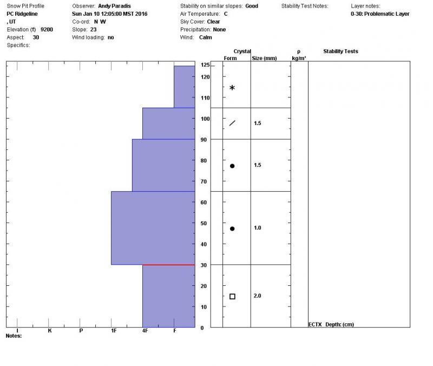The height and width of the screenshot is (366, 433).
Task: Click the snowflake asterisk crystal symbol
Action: click(232, 88)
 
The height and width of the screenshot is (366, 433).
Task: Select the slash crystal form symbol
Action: click(232, 123)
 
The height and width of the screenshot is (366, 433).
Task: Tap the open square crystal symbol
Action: click(232, 296)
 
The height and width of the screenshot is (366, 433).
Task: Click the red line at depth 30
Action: click(168, 265)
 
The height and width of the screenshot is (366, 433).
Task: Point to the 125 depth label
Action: click(205, 65)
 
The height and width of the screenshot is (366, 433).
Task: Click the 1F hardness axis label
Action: click(114, 330)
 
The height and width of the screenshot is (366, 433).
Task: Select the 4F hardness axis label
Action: click(145, 330)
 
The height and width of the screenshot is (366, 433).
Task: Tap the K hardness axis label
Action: click(50, 330)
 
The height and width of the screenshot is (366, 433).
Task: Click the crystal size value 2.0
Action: click(258, 296)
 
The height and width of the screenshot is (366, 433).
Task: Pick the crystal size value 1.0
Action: click(258, 228)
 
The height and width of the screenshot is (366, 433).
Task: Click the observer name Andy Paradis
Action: click(115, 6)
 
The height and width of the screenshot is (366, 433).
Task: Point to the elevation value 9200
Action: click(47, 29)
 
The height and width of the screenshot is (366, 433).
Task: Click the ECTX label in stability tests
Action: click(315, 325)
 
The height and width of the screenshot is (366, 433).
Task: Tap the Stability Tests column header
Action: click(340, 51)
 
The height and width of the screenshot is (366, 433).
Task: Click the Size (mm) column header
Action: click(264, 58)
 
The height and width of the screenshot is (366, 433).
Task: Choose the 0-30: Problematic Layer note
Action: click(380, 14)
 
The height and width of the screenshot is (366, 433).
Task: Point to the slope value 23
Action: click(94, 29)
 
